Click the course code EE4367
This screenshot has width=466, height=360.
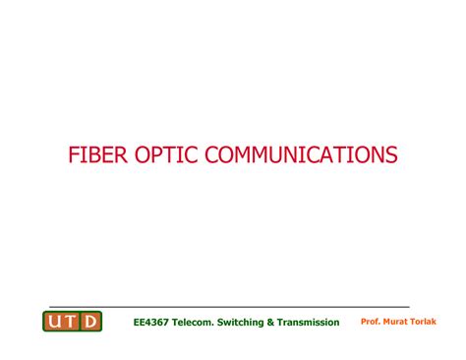(x=150, y=323)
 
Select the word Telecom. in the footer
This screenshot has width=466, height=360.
(x=197, y=323)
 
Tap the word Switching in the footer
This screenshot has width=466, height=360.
(x=248, y=323)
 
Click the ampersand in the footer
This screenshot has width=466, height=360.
(x=278, y=323)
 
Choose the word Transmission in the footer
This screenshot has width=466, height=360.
(x=313, y=323)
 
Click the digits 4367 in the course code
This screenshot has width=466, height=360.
(x=157, y=323)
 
